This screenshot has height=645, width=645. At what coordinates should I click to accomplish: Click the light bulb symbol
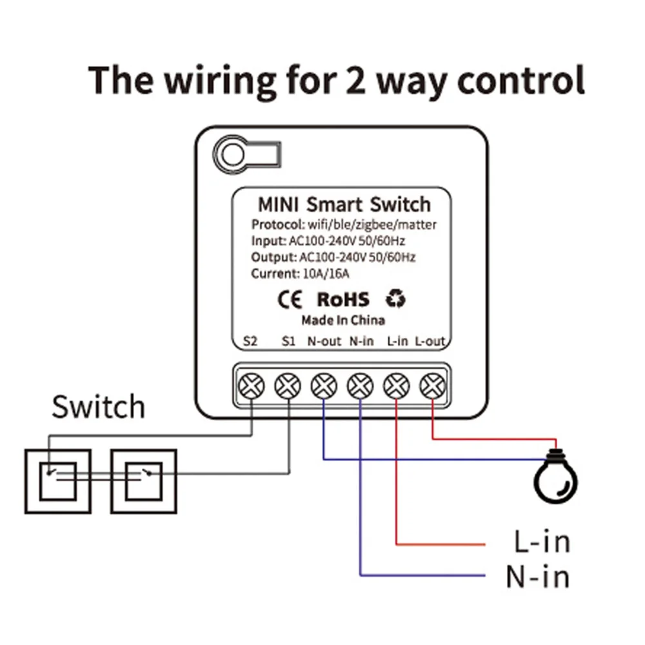(x=555, y=477)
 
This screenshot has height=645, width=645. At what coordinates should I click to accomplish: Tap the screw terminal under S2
(x=252, y=386)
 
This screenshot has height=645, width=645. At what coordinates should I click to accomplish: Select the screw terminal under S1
(x=288, y=386)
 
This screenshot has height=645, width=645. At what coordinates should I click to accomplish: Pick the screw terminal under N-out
(x=324, y=386)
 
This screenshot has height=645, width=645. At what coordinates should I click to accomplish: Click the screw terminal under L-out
(x=432, y=386)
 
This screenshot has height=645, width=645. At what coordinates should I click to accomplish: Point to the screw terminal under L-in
(x=396, y=386)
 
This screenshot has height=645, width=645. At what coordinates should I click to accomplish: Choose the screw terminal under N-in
(x=360, y=386)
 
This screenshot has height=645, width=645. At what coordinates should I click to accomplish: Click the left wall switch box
(x=58, y=481)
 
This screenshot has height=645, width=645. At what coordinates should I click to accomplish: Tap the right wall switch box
(x=144, y=481)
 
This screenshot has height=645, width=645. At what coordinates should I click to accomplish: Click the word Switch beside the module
(x=99, y=406)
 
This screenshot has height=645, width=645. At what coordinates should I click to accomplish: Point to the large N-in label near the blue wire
(x=538, y=577)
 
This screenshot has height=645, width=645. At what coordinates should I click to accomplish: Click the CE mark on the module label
(x=290, y=299)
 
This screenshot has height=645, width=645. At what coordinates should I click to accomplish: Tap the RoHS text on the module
(x=343, y=299)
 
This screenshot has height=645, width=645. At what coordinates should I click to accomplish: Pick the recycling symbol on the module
(x=395, y=299)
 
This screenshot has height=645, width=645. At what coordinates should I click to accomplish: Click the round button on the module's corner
(x=233, y=154)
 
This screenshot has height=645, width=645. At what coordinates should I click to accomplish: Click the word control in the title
(x=521, y=80)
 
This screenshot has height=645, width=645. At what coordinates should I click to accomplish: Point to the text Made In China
(x=343, y=320)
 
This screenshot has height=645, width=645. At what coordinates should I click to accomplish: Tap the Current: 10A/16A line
(x=300, y=273)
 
